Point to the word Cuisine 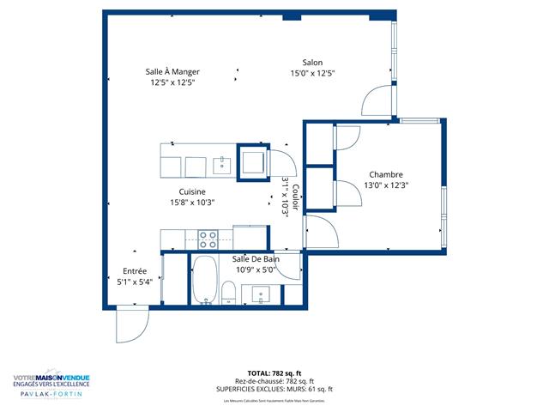click(x=192, y=191)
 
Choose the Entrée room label click(x=134, y=270)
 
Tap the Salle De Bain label click(x=256, y=259)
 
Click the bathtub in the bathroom click(x=204, y=280)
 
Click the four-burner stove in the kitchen click(x=208, y=238)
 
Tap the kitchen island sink click(x=221, y=164)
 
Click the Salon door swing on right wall click(x=377, y=100)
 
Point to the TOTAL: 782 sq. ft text click(x=274, y=373)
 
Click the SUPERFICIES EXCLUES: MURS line click(x=274, y=389)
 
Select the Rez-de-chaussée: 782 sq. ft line click(x=274, y=381)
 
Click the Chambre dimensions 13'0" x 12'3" click(x=385, y=185)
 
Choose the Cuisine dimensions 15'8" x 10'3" click(x=192, y=203)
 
